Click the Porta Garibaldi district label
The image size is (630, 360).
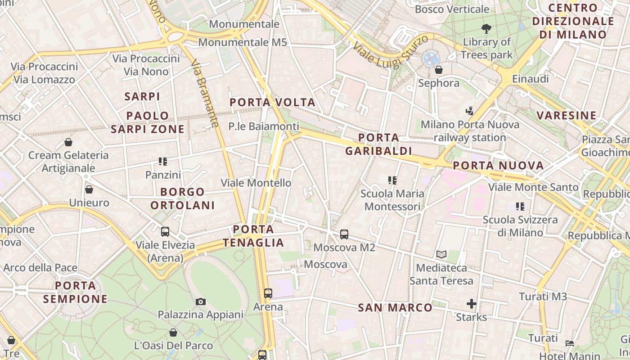378,144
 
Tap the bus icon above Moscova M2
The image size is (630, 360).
344,234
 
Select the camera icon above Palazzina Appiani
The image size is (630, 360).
201,301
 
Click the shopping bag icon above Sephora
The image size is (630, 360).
439,70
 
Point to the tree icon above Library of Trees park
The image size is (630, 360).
486,29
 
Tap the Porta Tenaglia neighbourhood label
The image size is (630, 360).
254,236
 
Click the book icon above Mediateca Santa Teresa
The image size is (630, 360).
441,255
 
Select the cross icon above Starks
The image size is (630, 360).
471,304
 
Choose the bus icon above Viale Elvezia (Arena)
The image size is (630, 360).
165,232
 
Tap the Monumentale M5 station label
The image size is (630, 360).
243,42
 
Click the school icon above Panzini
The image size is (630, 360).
163,162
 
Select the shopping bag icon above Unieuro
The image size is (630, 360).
89,189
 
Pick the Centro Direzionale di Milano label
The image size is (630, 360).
573,21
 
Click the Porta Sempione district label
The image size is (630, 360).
76,292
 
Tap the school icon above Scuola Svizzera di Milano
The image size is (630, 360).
520,207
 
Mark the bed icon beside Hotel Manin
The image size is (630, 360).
569,343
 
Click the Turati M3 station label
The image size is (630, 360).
543,297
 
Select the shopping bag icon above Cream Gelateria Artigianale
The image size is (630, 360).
68,142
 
